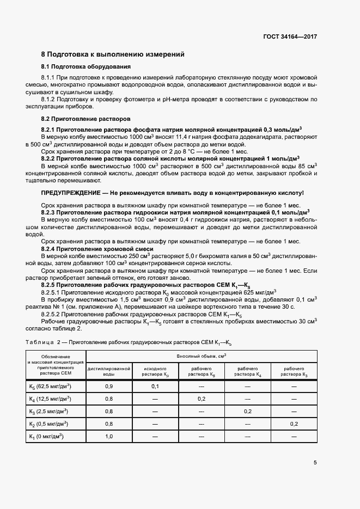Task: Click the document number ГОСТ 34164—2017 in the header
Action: click(x=290, y=36)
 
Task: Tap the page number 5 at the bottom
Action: click(x=315, y=463)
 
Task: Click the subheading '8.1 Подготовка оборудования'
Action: click(x=86, y=67)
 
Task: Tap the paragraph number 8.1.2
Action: click(x=51, y=100)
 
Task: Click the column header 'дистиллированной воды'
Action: click(x=109, y=371)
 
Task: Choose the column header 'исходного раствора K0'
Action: click(x=155, y=371)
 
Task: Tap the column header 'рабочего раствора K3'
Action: click(x=295, y=371)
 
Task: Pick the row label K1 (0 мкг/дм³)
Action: click(x=46, y=436)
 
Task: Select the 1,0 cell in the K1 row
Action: click(x=109, y=436)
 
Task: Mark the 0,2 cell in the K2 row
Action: click(x=295, y=424)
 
